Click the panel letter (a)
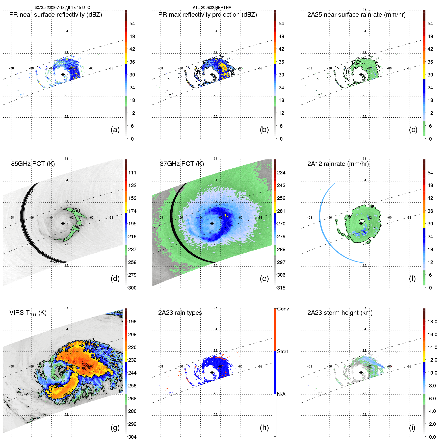pyautogui.click(x=115, y=129)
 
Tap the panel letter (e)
pyautogui.click(x=264, y=278)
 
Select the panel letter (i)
pyautogui.click(x=412, y=428)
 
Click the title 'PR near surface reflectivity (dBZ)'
pyautogui.click(x=56, y=15)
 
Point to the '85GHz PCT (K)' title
pyautogui.click(x=33, y=164)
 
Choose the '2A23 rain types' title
pyautogui.click(x=180, y=313)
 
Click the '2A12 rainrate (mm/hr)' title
pyautogui.click(x=338, y=164)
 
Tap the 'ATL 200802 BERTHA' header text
pyautogui.click(x=212, y=7)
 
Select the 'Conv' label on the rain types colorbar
pyautogui.click(x=283, y=309)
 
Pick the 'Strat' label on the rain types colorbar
pyautogui.click(x=282, y=351)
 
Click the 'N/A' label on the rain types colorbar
pyautogui.click(x=281, y=394)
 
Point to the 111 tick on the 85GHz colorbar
pyautogui.click(x=132, y=173)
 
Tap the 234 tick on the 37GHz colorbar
pyautogui.click(x=281, y=173)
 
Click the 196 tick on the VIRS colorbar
pyautogui.click(x=132, y=322)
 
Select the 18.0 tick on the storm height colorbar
pyautogui.click(x=432, y=322)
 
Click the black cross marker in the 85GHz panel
pyautogui.click(x=63, y=223)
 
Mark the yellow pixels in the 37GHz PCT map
pyautogui.click(x=226, y=216)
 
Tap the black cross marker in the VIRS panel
pyautogui.click(x=63, y=372)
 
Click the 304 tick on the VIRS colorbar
pyautogui.click(x=132, y=437)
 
